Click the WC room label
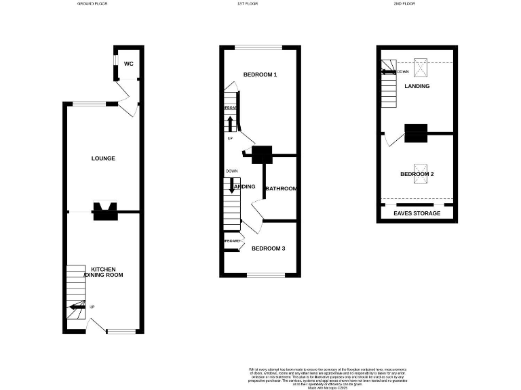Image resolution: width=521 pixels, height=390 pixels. (129, 64)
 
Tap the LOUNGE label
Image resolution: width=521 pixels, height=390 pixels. (104, 158)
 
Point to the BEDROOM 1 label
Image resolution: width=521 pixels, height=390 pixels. (260, 74)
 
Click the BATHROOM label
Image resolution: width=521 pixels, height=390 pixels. (281, 188)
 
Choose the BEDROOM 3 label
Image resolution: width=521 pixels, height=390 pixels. (268, 248)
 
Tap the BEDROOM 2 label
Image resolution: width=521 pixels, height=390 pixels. (417, 174)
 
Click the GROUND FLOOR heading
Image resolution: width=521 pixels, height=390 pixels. (92, 3)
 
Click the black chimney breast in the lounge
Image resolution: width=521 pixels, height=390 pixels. (104, 212)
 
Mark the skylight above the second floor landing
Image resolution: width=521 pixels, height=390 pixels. (421, 67)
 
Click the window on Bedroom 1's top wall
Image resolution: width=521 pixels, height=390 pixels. (259, 47)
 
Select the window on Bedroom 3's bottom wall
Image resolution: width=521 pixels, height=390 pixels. (265, 275)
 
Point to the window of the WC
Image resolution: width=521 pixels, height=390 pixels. (115, 63)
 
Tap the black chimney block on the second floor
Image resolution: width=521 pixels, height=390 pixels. (416, 133)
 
